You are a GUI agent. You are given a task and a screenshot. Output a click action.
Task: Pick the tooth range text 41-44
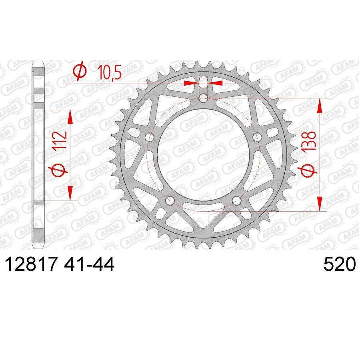(92, 265)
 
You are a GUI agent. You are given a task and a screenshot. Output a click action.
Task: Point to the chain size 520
(339, 265)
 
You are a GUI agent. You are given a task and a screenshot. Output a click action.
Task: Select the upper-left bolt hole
(150, 137)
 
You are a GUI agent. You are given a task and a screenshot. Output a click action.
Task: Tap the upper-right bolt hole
(257, 137)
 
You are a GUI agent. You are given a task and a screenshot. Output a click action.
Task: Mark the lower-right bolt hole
(237, 200)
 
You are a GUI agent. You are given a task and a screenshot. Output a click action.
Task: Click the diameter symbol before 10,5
(80, 72)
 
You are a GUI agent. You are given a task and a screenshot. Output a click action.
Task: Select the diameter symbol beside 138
(310, 171)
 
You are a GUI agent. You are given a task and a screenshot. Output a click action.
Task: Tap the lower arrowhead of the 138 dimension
(320, 204)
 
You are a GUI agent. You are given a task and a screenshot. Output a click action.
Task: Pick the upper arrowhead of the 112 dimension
(70, 116)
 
